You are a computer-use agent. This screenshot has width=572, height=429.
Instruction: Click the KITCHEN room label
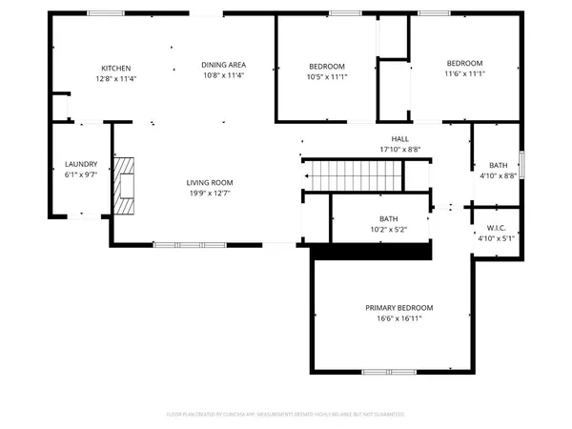point(116,68)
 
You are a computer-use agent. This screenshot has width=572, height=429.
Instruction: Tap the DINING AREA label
point(223,64)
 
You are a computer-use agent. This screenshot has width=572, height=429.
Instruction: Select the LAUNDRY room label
point(81,164)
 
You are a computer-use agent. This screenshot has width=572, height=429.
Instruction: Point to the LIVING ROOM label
point(209,182)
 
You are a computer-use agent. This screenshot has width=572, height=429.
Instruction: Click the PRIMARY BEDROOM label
point(399,308)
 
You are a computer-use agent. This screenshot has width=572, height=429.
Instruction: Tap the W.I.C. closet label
point(496,228)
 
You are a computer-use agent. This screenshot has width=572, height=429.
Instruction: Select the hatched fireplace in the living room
point(124,185)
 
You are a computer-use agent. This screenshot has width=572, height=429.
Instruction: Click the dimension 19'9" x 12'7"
point(209,194)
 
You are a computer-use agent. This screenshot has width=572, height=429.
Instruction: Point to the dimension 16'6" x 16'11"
point(399,319)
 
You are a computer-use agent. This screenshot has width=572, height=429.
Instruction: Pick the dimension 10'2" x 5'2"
point(388,230)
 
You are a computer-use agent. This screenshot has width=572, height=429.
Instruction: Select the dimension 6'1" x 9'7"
point(81,175)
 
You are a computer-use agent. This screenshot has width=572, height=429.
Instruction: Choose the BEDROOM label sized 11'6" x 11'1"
point(465,63)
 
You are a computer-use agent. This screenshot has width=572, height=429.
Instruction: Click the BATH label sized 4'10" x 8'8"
point(498,165)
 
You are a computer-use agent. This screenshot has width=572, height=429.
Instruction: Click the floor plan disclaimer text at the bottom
point(286,415)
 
